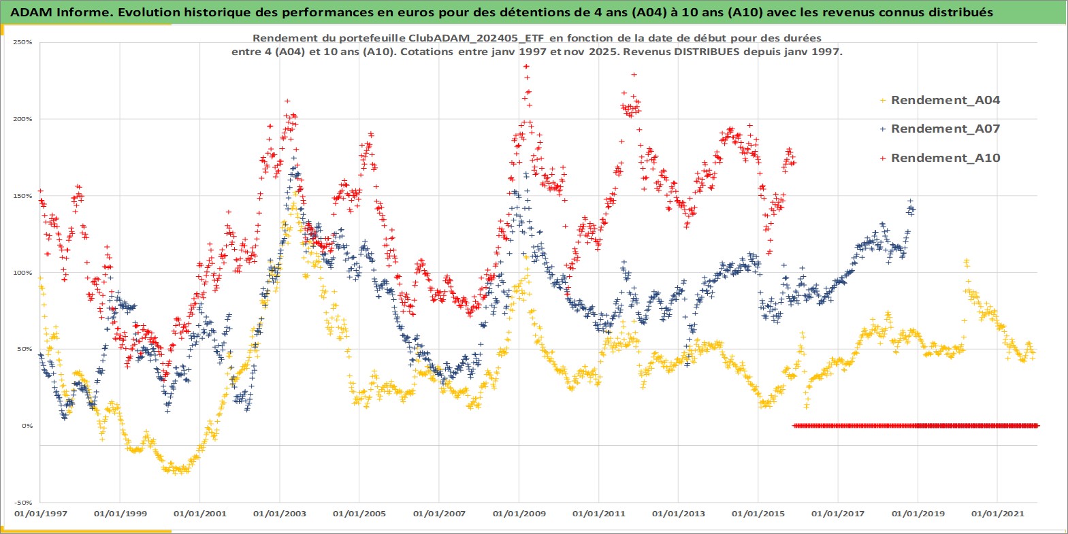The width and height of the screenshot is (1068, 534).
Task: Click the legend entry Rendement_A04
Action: [x=945, y=101]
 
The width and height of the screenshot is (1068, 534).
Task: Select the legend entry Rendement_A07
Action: [x=945, y=129]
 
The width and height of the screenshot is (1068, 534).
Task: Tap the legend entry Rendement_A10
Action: [x=945, y=158]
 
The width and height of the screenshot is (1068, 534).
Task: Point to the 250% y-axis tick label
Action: [x=22, y=42]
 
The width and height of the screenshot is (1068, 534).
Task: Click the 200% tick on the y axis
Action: [x=22, y=119]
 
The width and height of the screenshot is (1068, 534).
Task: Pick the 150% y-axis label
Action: [x=22, y=196]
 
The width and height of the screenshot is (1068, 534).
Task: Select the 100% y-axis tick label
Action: [x=22, y=273]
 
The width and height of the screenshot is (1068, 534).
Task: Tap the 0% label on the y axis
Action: [x=27, y=426]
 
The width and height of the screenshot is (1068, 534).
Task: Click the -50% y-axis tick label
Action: [x=24, y=503]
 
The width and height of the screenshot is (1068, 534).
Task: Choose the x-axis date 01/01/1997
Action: [x=41, y=514]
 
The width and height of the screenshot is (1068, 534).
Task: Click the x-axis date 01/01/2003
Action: [x=280, y=514]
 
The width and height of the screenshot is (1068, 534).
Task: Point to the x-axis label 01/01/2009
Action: [x=519, y=514]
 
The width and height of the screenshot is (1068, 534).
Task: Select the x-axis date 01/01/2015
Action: [x=758, y=514]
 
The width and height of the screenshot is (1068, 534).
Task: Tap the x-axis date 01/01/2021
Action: [x=997, y=514]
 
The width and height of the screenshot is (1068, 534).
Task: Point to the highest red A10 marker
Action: [x=526, y=66]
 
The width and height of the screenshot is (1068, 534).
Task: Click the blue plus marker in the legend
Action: [x=883, y=129]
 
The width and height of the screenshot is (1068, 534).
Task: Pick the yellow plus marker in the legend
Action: [x=883, y=101]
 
